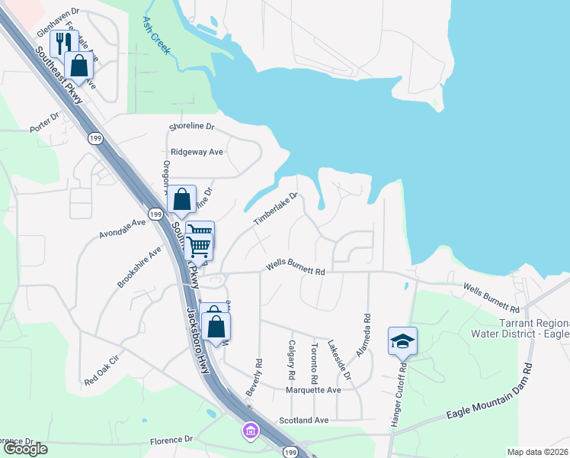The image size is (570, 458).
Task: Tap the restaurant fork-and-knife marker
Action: pyautogui.click(x=64, y=43)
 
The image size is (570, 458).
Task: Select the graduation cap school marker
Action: pyautogui.click(x=402, y=340)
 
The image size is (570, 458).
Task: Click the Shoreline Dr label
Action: pyautogui.click(x=192, y=126)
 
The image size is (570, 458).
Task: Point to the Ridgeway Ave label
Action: pyautogui.click(x=197, y=152)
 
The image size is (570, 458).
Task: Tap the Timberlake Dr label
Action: pyautogui.click(x=274, y=208)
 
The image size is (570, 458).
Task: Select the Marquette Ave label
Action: pyautogui.click(x=313, y=389)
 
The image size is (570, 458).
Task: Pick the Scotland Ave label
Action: pyautogui.click(x=303, y=420)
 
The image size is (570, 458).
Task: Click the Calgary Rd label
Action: pyautogui.click(x=291, y=362)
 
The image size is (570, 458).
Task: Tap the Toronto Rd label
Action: pyautogui.click(x=314, y=363)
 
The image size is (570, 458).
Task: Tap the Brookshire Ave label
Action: pyautogui.click(x=139, y=266)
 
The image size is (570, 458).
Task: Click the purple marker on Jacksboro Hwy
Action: pyautogui.click(x=250, y=432)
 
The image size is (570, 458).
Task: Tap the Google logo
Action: pyautogui.click(x=24, y=449)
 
